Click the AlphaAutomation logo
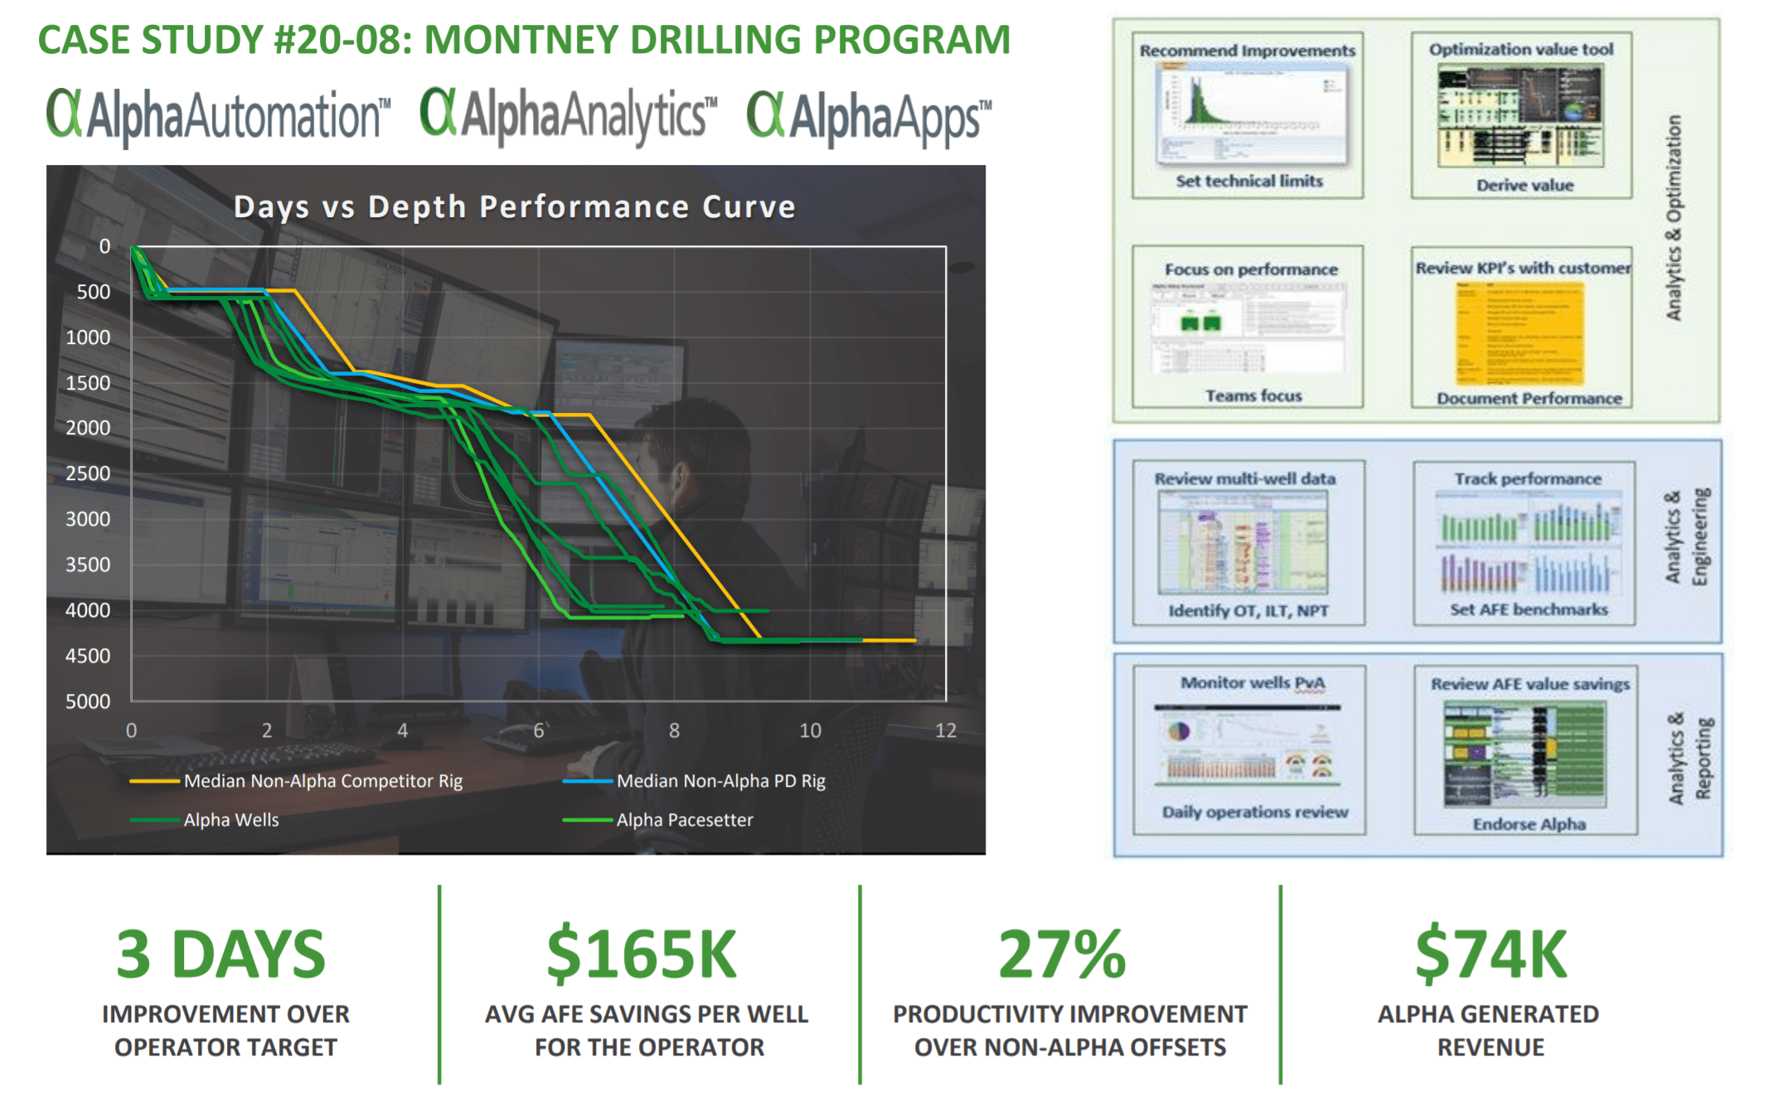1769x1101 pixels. point(217,116)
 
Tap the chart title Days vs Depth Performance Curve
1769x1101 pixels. point(514,206)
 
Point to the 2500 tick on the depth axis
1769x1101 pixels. point(87,473)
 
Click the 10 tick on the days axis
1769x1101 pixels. point(809,730)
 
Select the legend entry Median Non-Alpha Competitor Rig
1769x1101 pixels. point(322,781)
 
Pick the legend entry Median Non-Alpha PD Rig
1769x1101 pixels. point(720,781)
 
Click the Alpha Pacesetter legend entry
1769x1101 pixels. point(684,820)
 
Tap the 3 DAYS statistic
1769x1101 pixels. point(221,954)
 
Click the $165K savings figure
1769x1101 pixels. point(642,954)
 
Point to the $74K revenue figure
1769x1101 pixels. point(1490,954)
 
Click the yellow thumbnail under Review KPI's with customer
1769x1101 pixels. point(1520,333)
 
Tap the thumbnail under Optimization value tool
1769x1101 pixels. point(1520,117)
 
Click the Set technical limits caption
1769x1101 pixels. point(1248,181)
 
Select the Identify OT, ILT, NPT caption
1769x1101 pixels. point(1248,611)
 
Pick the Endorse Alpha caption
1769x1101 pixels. point(1529,824)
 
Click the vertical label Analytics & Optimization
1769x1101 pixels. point(1674,217)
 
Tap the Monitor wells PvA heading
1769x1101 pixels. point(1253,683)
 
